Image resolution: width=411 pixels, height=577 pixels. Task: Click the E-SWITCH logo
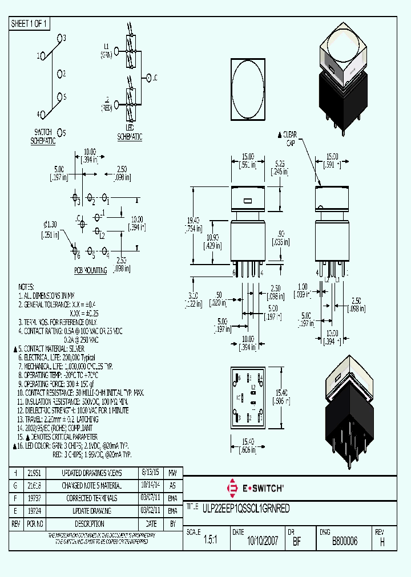255,488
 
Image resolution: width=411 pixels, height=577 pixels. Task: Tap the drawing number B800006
344,542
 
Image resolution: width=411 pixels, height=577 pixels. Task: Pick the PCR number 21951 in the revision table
34,473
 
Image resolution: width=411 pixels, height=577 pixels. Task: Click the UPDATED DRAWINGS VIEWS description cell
92,473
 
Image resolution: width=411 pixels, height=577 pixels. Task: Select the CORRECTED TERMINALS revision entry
92,498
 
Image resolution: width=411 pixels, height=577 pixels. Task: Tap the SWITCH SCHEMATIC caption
43,136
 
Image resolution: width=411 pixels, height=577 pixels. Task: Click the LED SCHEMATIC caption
130,133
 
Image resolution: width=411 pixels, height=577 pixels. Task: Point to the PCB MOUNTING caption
90,270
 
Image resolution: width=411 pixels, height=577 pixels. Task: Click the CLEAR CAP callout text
290,139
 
